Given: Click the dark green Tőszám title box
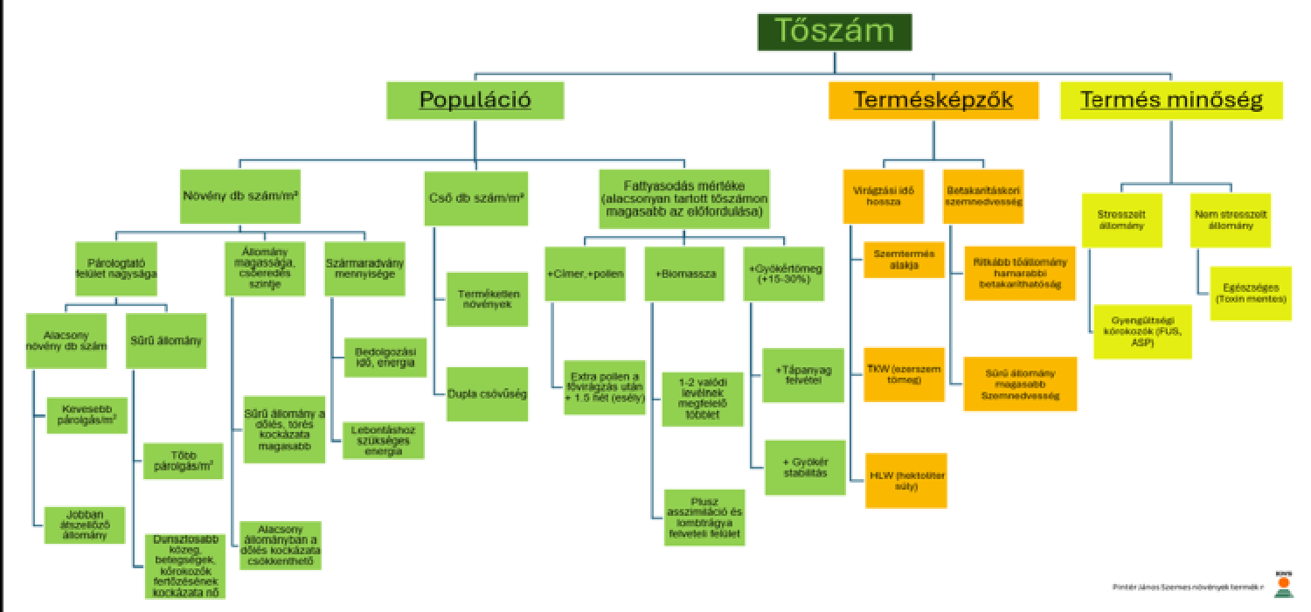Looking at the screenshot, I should (835, 31).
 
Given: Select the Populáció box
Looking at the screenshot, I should (475, 100).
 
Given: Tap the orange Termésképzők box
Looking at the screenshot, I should (933, 100).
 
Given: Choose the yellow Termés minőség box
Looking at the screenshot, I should (1171, 100).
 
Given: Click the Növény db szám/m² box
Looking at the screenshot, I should (240, 197).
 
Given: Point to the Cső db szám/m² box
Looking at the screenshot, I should (475, 197).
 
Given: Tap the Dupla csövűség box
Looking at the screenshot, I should (487, 393).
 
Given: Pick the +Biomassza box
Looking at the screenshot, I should (685, 274).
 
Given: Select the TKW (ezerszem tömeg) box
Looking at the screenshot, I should (904, 374).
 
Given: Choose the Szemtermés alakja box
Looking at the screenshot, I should (904, 259).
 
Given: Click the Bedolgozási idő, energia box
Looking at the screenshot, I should (384, 357).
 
